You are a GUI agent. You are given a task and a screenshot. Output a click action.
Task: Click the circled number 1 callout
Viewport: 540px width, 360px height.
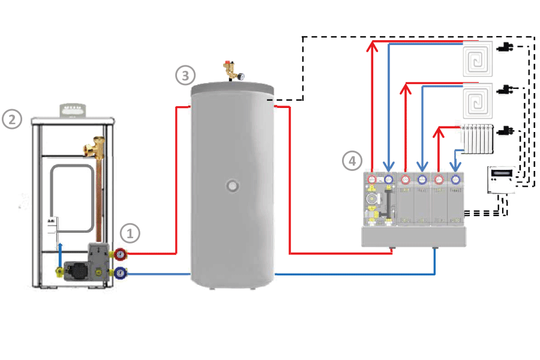(x=130, y=232)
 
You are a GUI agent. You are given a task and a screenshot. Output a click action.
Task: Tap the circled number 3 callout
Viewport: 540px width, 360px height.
(x=185, y=76)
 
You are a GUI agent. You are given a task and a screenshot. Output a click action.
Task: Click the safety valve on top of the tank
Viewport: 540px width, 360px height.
(x=230, y=70)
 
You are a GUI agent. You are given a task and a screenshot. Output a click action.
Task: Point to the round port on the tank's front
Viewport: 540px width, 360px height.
(x=231, y=185)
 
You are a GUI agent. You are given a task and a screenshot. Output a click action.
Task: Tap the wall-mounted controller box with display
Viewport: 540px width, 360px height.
(x=500, y=179)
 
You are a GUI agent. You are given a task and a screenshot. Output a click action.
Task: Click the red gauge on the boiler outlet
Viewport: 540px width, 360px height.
(x=122, y=254)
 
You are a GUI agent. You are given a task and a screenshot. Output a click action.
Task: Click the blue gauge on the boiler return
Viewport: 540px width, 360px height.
(x=122, y=273)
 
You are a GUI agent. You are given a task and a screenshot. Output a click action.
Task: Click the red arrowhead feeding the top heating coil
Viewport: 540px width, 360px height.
(x=372, y=46)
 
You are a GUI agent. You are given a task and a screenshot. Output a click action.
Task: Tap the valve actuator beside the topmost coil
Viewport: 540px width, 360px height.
(x=508, y=46)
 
